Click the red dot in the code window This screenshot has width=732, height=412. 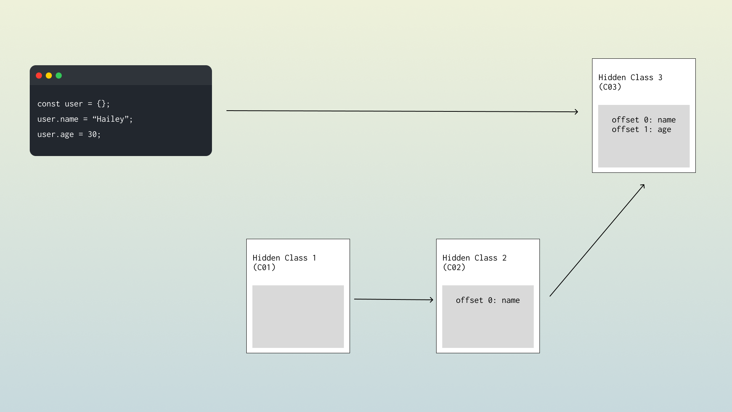(x=39, y=76)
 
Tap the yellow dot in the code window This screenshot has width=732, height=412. (x=49, y=76)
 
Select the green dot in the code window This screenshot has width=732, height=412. (x=59, y=76)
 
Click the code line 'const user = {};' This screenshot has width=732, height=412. (x=74, y=104)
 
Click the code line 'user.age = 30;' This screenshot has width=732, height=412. (x=69, y=134)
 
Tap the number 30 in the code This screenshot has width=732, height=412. (x=92, y=134)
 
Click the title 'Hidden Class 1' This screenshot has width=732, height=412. (x=284, y=258)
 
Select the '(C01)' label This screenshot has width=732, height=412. (x=264, y=267)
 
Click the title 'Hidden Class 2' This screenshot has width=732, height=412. (x=474, y=258)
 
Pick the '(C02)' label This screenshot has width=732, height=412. (x=454, y=267)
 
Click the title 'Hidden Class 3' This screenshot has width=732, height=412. (x=630, y=77)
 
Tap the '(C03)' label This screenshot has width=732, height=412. (x=610, y=87)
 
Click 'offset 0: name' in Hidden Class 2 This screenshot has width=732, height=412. (x=488, y=300)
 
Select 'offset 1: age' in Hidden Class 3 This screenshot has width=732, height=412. (x=641, y=129)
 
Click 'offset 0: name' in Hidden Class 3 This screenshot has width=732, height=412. (x=644, y=120)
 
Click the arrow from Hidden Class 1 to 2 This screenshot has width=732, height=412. (x=393, y=299)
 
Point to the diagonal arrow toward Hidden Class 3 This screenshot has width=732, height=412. (x=597, y=240)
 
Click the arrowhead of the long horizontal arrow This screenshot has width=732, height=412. (x=576, y=112)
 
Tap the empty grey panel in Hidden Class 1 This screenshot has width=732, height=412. (x=298, y=317)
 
